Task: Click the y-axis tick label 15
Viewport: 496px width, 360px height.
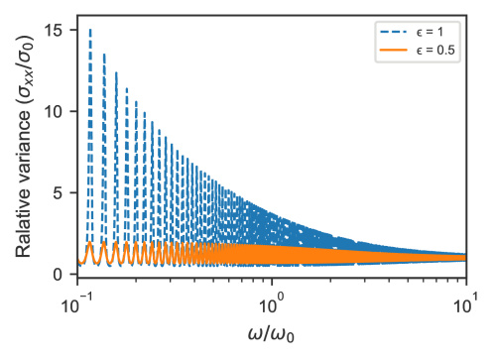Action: [x=54, y=31]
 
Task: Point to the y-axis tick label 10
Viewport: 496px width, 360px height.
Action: [x=54, y=112]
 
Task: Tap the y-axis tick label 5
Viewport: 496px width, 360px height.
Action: [x=59, y=193]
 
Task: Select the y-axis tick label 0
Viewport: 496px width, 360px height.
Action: [x=59, y=275]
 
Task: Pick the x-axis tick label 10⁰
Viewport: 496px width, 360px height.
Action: [x=272, y=304]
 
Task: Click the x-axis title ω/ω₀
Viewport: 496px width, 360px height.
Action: [x=271, y=334]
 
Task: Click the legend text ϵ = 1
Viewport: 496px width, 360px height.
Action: [x=430, y=32]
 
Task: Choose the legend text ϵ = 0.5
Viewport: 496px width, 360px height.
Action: [x=435, y=51]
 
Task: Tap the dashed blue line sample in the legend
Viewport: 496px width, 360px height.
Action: [x=394, y=32]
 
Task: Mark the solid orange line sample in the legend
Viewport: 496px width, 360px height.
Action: [x=394, y=51]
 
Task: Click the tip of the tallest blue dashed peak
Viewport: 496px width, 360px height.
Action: [x=90, y=30]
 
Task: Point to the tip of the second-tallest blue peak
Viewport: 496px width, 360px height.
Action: [x=104, y=55]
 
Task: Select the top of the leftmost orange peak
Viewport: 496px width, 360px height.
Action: [x=89, y=242]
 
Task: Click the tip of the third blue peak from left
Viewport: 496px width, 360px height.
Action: [x=116, y=72]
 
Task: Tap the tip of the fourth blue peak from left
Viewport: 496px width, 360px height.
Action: [x=126, y=88]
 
